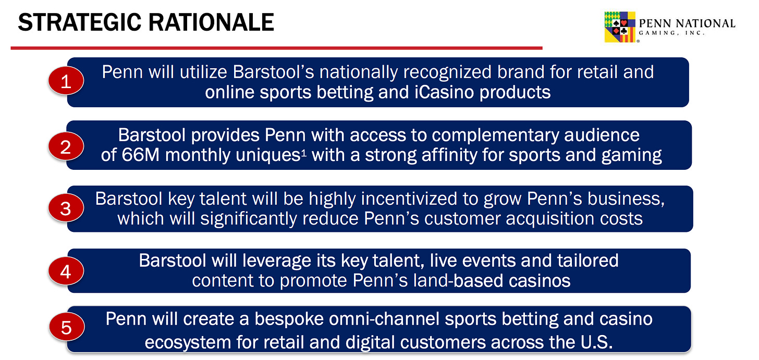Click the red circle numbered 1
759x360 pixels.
66,81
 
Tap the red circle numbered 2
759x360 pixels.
66,146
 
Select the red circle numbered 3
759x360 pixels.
66,208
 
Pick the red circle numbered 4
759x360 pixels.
66,271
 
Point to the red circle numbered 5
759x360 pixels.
66,327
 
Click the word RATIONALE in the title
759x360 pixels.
211,22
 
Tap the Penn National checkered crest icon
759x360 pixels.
620,27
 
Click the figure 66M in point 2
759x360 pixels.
140,155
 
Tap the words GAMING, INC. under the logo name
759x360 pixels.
671,33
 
